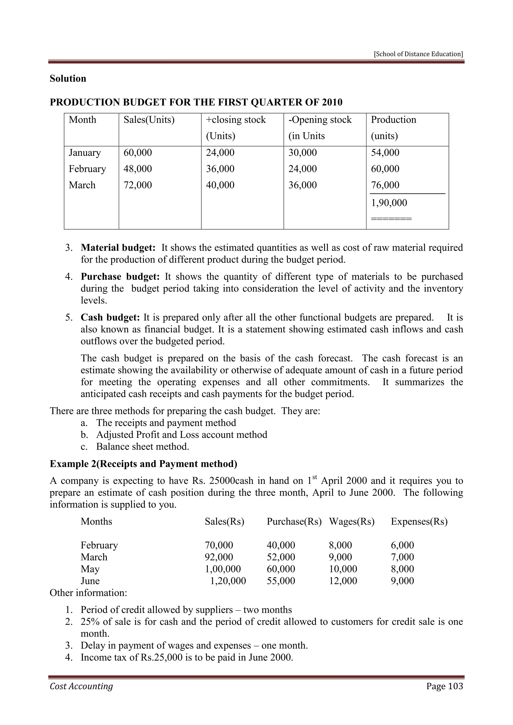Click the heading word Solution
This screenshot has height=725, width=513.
click(68, 78)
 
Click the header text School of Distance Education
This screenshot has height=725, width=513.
click(418, 54)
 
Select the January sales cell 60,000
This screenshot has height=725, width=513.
click(138, 152)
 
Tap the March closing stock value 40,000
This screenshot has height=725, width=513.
click(220, 185)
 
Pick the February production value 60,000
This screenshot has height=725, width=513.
click(385, 169)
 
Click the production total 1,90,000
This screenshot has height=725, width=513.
click(389, 203)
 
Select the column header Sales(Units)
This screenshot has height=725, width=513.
click(149, 120)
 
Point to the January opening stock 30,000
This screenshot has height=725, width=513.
click(303, 152)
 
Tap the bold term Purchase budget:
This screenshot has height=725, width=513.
click(120, 277)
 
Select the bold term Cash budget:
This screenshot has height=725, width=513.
click(110, 317)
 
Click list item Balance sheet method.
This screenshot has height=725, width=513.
click(143, 447)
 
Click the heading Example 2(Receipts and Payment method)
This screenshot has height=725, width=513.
click(144, 464)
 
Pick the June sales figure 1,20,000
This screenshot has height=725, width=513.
click(228, 581)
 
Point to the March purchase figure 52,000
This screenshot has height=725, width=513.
click(281, 557)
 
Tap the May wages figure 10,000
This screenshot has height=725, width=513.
click(343, 569)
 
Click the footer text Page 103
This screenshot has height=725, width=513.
click(444, 686)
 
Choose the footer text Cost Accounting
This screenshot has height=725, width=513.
click(81, 686)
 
